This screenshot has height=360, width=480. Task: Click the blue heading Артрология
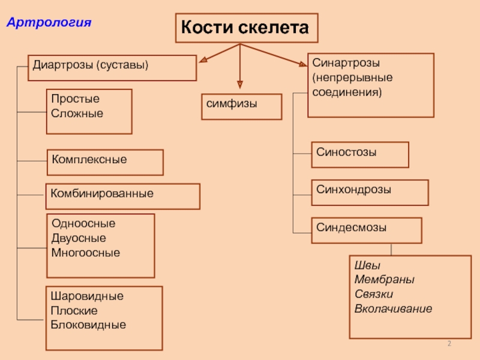point(49,23)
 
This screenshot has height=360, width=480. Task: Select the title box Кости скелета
point(245,28)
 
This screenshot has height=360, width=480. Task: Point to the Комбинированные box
point(123,196)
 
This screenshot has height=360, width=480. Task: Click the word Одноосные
point(83,224)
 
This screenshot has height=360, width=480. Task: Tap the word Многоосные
point(86,253)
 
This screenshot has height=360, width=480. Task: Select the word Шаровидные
point(87,296)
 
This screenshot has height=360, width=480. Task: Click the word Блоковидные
point(89,325)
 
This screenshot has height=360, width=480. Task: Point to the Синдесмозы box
point(366,230)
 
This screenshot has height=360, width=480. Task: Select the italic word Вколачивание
point(393,309)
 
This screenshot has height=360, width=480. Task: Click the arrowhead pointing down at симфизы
point(240,85)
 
